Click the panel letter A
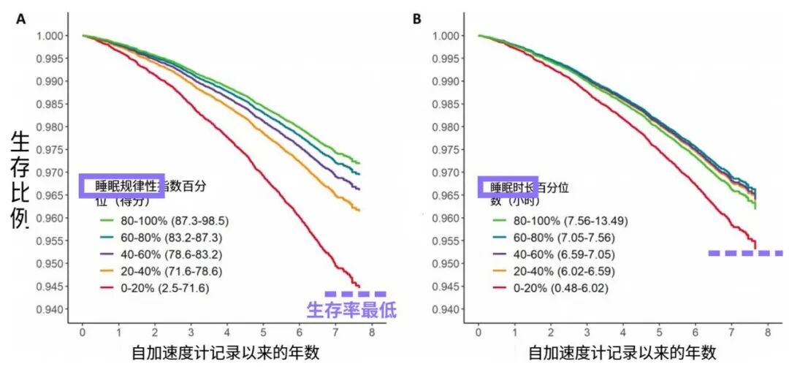click(22, 19)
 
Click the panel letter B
click(416, 19)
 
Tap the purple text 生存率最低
click(351, 310)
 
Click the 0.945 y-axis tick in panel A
click(50, 286)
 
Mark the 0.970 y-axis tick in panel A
click(50, 173)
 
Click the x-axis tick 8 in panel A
click(371, 332)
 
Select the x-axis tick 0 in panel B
click(478, 332)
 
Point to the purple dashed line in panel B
click(745, 253)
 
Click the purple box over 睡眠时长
click(508, 186)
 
